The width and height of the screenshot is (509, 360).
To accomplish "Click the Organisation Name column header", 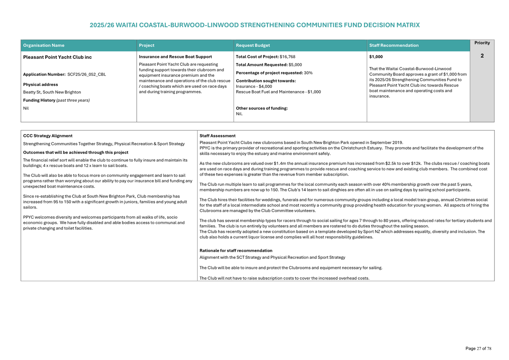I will (44, 46).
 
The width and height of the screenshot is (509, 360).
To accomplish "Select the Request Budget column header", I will (253, 46).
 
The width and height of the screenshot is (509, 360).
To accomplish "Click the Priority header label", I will (482, 43).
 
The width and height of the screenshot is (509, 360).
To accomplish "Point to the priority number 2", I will (482, 56).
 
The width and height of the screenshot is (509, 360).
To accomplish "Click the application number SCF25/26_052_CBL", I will (86, 75).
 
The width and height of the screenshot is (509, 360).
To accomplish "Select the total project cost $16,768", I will (287, 57).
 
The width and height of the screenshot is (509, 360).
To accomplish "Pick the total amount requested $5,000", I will (295, 65).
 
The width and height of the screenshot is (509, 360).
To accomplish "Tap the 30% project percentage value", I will (308, 73).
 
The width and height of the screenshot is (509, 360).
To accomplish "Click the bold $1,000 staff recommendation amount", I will (376, 57).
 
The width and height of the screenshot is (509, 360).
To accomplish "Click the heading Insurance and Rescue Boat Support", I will (175, 57).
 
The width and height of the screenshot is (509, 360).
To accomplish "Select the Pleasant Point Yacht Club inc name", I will (57, 57).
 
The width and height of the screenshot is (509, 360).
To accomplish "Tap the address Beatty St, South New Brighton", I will (52, 92).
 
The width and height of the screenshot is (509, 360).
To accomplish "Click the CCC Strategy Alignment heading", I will (48, 136).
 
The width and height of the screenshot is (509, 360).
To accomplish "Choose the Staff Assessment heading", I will (217, 136).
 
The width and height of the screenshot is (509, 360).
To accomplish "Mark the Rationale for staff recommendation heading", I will (236, 250).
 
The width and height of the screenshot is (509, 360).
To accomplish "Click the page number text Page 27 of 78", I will (478, 348).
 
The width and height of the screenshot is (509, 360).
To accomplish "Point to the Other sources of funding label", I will (261, 108).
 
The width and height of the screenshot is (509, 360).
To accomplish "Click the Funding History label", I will (39, 100).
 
